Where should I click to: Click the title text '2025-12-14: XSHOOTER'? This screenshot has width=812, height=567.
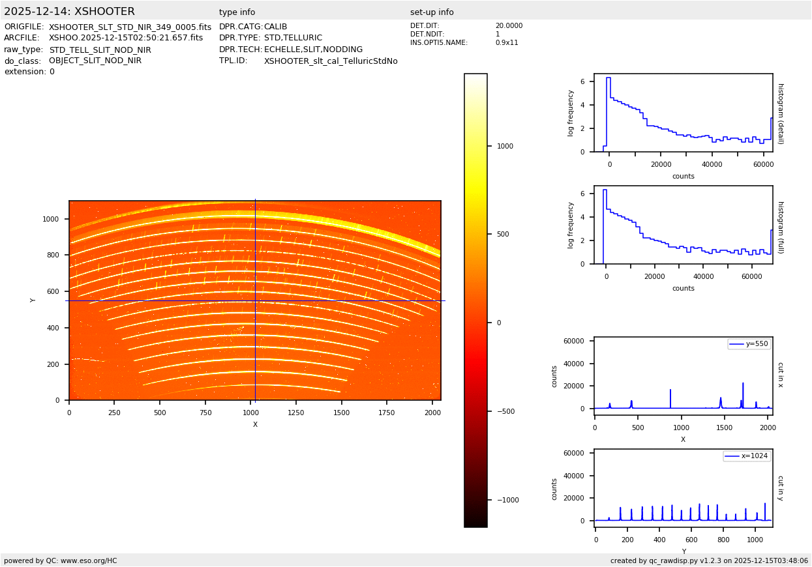click(x=69, y=12)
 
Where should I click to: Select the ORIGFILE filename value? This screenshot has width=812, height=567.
click(x=130, y=27)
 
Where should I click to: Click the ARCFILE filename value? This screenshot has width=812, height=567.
click(x=126, y=38)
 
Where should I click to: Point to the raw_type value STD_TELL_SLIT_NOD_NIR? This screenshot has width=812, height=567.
click(x=100, y=50)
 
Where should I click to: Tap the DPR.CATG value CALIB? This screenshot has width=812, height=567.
click(x=275, y=27)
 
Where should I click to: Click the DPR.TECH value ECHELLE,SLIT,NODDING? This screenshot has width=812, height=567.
click(x=313, y=50)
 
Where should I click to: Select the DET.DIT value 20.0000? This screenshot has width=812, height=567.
click(x=509, y=26)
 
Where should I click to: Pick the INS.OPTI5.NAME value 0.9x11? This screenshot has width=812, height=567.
click(x=507, y=42)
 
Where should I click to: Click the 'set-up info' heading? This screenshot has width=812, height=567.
click(x=432, y=12)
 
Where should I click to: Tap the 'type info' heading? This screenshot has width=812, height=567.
click(x=237, y=12)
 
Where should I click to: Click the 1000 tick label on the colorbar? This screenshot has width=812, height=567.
click(x=505, y=146)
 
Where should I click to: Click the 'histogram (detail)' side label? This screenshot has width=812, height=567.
click(x=780, y=113)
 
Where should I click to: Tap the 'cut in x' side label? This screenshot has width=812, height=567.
click(x=780, y=374)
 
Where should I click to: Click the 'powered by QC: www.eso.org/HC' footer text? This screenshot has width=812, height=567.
click(x=60, y=560)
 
